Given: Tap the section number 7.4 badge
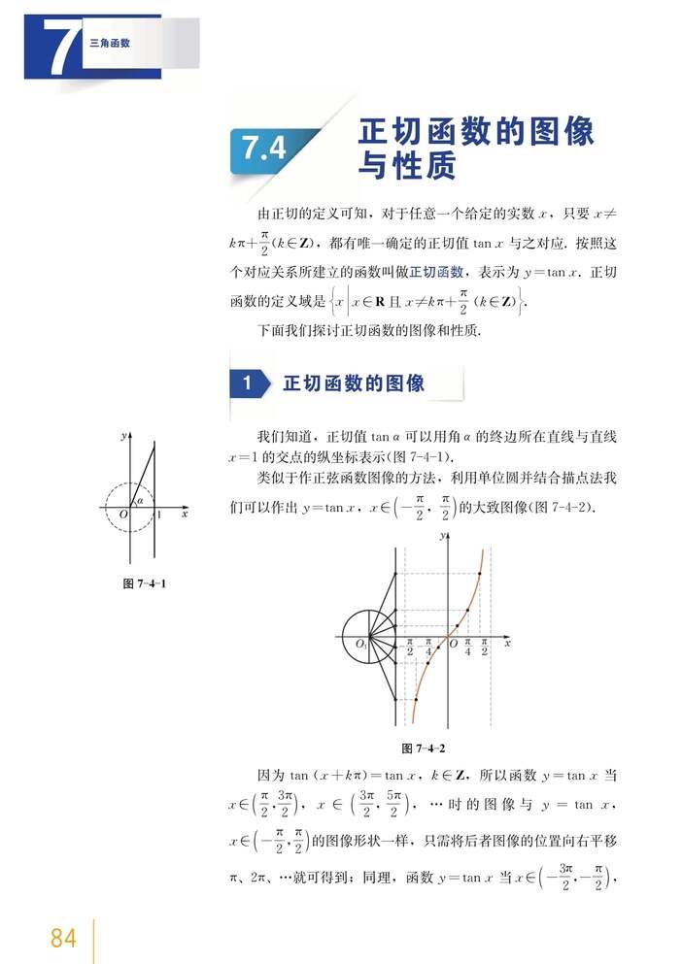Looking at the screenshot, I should [x=264, y=149].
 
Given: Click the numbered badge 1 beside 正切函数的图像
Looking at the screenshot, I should [x=248, y=383].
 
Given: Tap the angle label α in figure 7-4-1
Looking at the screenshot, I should [x=140, y=501].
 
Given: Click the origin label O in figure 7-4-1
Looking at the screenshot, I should [x=123, y=515].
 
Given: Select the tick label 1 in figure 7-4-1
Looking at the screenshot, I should [x=159, y=515].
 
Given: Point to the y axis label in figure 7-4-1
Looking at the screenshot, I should [x=123, y=437].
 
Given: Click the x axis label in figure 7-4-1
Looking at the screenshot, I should [x=184, y=514].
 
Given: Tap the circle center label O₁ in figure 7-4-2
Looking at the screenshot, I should [x=360, y=645].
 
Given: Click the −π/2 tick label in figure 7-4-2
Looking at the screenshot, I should [x=410, y=648].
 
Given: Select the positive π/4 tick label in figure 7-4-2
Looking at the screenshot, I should [x=467, y=648].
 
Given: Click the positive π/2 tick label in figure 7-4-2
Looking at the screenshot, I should [x=484, y=648].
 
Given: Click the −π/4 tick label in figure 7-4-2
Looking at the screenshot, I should [x=428, y=648].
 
